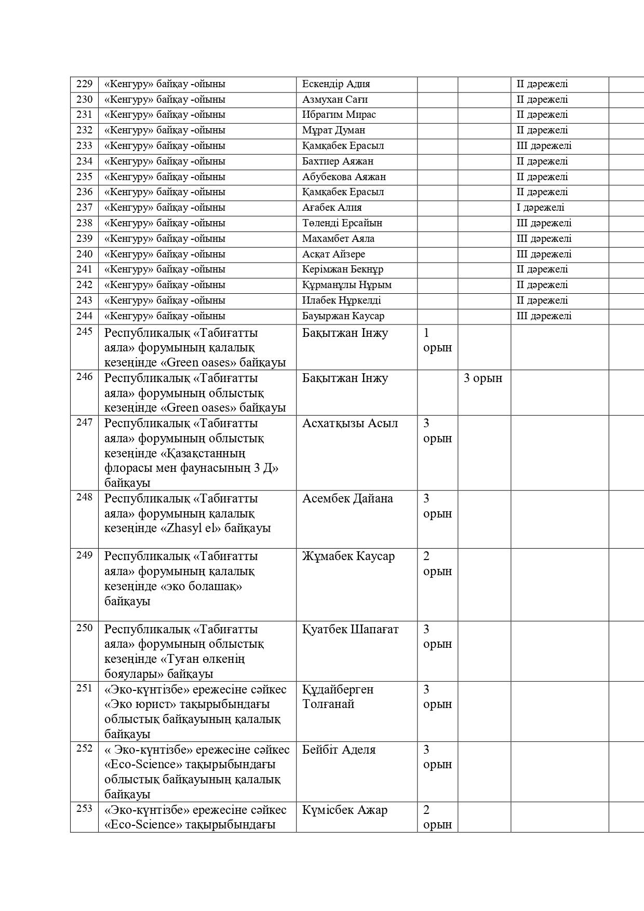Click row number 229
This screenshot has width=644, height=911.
(84, 84)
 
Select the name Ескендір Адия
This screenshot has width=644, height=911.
(336, 84)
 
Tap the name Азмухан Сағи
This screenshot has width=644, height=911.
(334, 100)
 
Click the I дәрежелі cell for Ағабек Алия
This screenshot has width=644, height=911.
(540, 208)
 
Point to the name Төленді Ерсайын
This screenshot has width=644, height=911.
(342, 223)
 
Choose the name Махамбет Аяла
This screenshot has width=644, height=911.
(338, 239)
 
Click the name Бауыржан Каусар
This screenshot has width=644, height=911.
(343, 316)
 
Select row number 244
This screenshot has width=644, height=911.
(84, 316)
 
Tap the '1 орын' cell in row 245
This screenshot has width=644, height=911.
(437, 340)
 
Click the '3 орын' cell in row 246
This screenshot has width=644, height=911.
(483, 378)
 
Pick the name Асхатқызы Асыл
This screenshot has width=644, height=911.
(350, 424)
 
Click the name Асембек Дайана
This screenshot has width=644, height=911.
(347, 499)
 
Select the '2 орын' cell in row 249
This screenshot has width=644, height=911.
(437, 564)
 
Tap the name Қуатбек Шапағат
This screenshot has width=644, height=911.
(351, 630)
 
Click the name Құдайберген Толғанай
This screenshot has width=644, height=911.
(338, 697)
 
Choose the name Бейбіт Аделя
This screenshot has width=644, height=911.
(339, 750)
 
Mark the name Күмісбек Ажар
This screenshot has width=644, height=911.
(345, 810)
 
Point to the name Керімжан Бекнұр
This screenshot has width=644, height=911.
(343, 269)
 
